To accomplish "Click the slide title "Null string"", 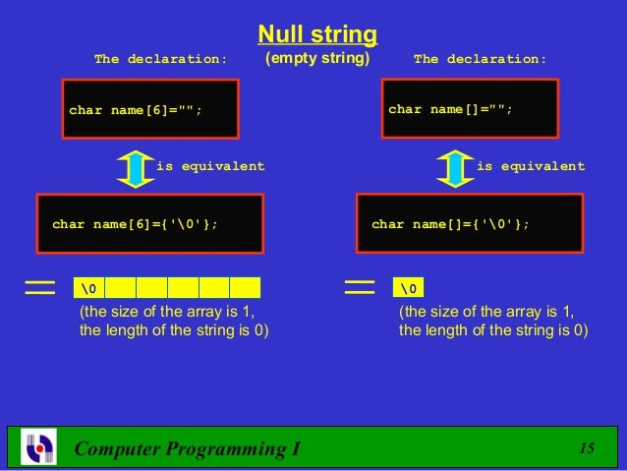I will [316, 35].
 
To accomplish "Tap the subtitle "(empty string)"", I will [316, 59].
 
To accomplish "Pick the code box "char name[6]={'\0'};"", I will [150, 224].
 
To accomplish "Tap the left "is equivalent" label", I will [210, 166].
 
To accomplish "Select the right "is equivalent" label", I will [531, 166].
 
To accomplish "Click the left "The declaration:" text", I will [160, 59].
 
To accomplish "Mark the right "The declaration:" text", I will [480, 59].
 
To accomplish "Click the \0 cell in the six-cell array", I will [90, 287].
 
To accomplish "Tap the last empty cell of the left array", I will [245, 287].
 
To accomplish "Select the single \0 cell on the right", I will [409, 287].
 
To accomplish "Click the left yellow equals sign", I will [40, 286].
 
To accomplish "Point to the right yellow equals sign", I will [361, 286].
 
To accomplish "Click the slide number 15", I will [588, 448].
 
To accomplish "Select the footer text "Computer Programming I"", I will [188, 449].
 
